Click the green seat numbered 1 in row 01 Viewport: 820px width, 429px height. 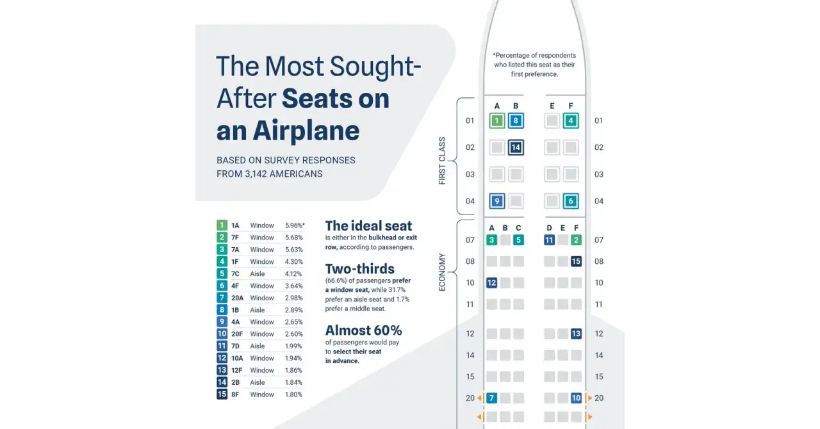[x=496, y=120]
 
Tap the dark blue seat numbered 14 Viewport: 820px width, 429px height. [x=516, y=147]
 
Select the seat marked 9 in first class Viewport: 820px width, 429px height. [x=496, y=201]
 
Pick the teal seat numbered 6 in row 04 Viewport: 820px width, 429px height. [x=571, y=201]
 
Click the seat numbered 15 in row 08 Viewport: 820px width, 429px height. [x=576, y=261]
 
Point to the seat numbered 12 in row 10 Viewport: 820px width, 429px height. [x=491, y=282]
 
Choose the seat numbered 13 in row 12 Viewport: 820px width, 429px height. [x=576, y=334]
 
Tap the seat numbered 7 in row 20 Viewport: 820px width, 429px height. [x=491, y=398]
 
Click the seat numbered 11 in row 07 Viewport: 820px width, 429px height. [x=549, y=240]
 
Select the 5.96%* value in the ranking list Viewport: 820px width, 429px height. [x=295, y=225]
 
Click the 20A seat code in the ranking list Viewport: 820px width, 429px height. [x=237, y=298]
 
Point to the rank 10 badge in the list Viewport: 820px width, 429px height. [x=222, y=334]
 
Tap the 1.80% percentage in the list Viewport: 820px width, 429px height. [x=293, y=394]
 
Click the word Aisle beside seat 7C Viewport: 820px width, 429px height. [x=258, y=274]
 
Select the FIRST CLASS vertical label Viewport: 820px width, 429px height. [x=442, y=161]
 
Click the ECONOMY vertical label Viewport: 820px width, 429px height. [x=442, y=272]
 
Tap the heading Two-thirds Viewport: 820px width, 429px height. [x=360, y=269]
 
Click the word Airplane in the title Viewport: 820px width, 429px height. [x=306, y=131]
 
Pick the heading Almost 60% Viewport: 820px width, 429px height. [x=363, y=330]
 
